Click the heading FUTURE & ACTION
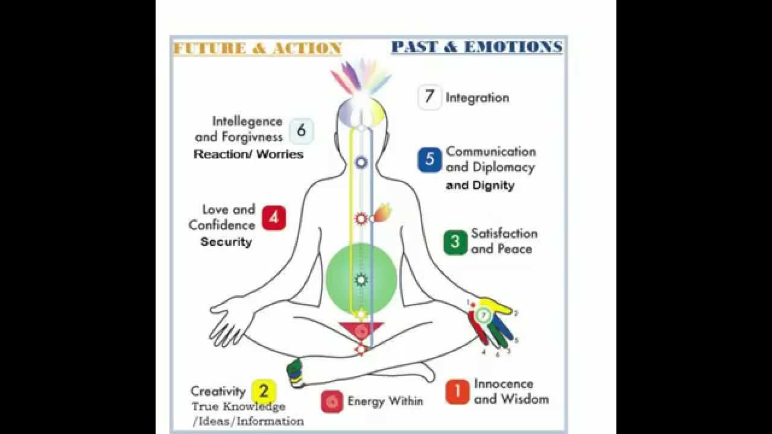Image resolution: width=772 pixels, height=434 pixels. tap(258, 49)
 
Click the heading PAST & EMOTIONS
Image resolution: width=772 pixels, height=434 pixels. tap(476, 47)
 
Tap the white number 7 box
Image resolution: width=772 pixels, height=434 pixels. tap(429, 97)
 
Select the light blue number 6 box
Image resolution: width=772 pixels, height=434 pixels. tap(301, 130)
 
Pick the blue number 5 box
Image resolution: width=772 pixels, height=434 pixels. tap(429, 160)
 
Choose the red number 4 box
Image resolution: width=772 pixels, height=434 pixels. tap(273, 218)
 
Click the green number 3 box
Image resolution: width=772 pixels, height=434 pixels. tap(455, 242)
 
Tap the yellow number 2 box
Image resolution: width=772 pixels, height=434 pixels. tap(264, 391)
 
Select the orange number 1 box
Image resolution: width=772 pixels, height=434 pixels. tap(458, 392)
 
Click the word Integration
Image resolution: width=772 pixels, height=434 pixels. tap(477, 98)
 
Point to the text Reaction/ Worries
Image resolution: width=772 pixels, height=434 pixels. tap(248, 154)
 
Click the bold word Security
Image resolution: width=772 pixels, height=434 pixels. tap(226, 242)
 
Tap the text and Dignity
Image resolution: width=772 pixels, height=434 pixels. tap(480, 186)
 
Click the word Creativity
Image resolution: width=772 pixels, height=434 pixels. tap(218, 391)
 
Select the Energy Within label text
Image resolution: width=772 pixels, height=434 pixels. tap(385, 401)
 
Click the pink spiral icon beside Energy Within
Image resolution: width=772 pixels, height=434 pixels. tap(332, 401)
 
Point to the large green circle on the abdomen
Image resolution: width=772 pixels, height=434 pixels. tap(361, 278)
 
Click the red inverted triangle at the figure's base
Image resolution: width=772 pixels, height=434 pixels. tap(361, 330)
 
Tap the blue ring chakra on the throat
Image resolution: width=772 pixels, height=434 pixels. tap(361, 162)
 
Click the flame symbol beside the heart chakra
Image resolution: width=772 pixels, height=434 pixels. tap(382, 212)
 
